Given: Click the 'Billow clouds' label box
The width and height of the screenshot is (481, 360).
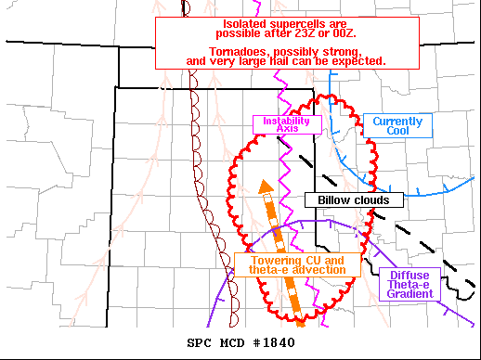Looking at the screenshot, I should click(353, 199).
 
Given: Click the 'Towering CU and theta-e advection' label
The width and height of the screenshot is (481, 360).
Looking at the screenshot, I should click(296, 264).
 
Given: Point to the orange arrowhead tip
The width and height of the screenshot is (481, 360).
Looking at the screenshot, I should click(265, 180).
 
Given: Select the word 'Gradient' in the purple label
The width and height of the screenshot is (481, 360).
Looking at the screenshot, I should click(410, 293).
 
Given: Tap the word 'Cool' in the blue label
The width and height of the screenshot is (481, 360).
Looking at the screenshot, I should click(397, 133).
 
